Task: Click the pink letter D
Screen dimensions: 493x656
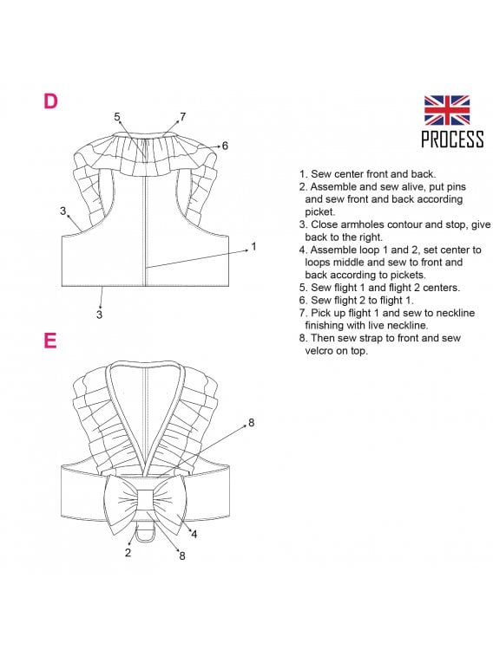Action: point(50,101)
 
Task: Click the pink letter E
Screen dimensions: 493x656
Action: point(49,341)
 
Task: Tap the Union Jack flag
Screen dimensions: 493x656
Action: point(447,110)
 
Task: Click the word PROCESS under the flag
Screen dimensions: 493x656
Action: point(452,140)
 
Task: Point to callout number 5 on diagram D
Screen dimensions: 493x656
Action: point(117,117)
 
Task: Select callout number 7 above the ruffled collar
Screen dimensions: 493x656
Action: point(182,117)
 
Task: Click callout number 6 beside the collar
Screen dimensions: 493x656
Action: point(225,146)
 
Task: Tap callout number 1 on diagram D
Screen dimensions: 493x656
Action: point(253,246)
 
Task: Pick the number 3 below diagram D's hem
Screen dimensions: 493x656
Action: point(99,315)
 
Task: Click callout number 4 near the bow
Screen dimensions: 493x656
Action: point(194,535)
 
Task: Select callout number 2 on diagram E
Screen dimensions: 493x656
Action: point(128,553)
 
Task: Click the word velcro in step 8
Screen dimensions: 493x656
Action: point(320,351)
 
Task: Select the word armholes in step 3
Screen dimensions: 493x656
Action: point(362,224)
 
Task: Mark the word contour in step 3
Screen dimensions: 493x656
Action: point(404,224)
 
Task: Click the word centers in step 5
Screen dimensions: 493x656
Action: point(441,288)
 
